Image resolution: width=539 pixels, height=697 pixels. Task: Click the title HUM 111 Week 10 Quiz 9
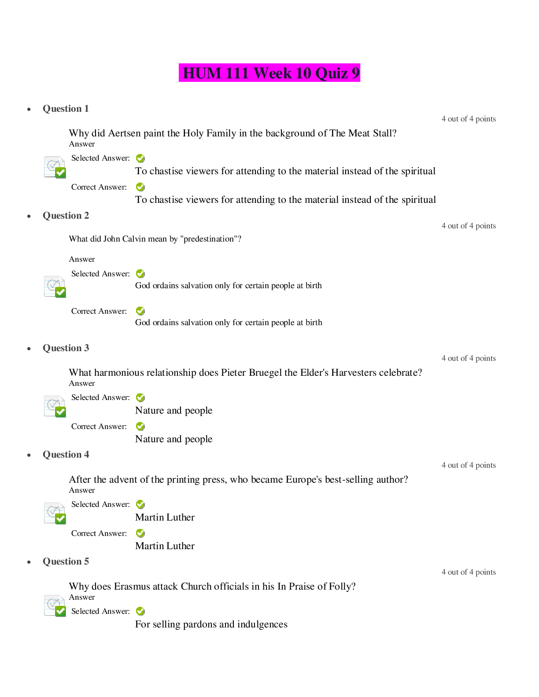click(269, 73)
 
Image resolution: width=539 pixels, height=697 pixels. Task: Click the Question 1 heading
click(66, 109)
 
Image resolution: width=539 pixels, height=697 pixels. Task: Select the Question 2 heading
click(66, 216)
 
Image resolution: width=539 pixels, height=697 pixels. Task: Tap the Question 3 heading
click(66, 348)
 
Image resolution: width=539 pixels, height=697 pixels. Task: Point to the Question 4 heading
click(66, 455)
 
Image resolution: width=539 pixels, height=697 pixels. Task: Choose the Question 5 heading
click(66, 561)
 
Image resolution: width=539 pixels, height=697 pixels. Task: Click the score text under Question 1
click(469, 119)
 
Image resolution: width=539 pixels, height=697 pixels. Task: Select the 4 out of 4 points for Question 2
click(469, 226)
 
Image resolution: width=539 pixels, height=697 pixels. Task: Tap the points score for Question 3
click(469, 358)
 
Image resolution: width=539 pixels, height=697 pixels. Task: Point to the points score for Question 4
click(469, 465)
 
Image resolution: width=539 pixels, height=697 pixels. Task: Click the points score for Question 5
click(469, 572)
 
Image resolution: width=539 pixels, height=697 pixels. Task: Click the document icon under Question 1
click(55, 167)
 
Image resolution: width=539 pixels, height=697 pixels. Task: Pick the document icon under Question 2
click(55, 287)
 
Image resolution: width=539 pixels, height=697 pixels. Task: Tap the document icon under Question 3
click(55, 407)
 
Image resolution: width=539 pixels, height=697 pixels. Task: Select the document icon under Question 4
click(55, 514)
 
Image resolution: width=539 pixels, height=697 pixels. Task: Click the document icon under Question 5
click(55, 606)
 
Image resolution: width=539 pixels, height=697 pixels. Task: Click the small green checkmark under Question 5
click(140, 611)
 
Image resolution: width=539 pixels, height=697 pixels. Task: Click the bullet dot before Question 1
click(29, 110)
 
